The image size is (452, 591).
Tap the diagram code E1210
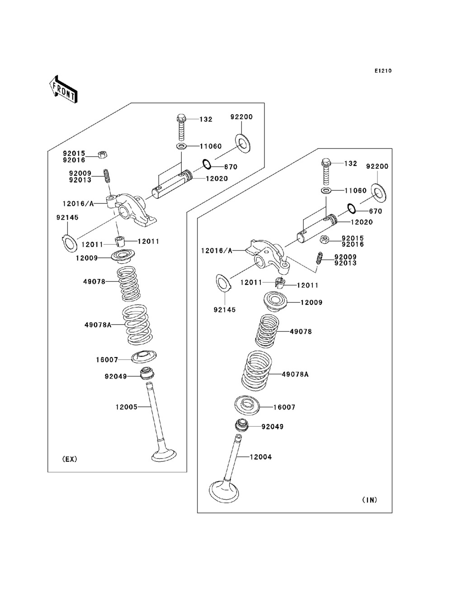[x=382, y=71]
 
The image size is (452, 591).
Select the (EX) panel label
[x=70, y=459]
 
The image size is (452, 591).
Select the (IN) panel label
[x=369, y=500]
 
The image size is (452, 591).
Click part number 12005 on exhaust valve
[x=126, y=407]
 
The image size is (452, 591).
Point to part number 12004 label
[x=261, y=457]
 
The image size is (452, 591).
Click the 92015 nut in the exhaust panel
[x=103, y=155]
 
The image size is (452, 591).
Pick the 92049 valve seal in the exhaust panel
[x=146, y=374]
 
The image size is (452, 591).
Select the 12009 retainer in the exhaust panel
[x=122, y=256]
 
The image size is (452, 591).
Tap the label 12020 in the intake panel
[x=362, y=222]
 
